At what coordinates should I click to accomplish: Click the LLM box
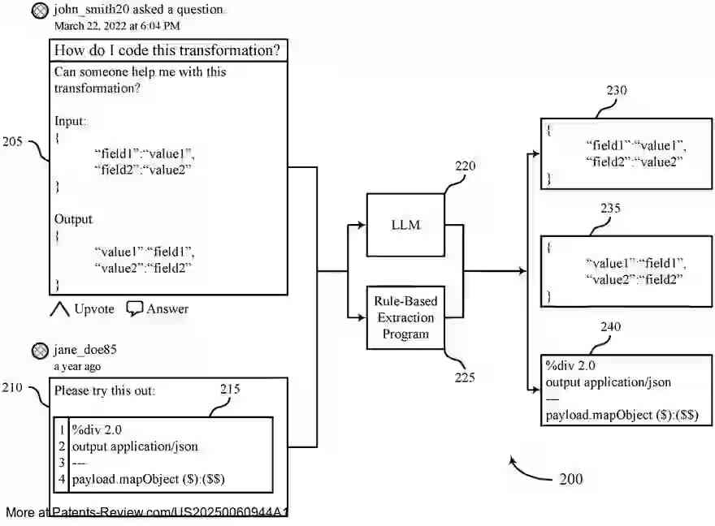405,224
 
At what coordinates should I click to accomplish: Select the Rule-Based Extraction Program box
405,317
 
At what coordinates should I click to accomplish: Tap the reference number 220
465,166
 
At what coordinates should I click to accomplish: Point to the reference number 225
464,377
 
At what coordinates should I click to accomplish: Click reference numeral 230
617,91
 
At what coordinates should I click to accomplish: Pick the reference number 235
610,209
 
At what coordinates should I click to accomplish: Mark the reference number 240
610,327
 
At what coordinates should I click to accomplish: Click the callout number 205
12,141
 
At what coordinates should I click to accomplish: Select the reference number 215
231,390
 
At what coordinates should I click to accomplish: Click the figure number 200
570,479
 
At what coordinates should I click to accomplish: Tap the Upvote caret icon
60,309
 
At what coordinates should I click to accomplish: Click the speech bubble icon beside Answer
135,308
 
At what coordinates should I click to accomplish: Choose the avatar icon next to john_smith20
39,11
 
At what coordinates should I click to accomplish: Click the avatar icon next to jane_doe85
39,351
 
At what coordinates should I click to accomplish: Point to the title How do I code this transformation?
167,50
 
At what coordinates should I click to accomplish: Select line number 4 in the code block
62,479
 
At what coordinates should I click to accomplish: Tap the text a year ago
78,366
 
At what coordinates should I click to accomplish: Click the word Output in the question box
73,219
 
